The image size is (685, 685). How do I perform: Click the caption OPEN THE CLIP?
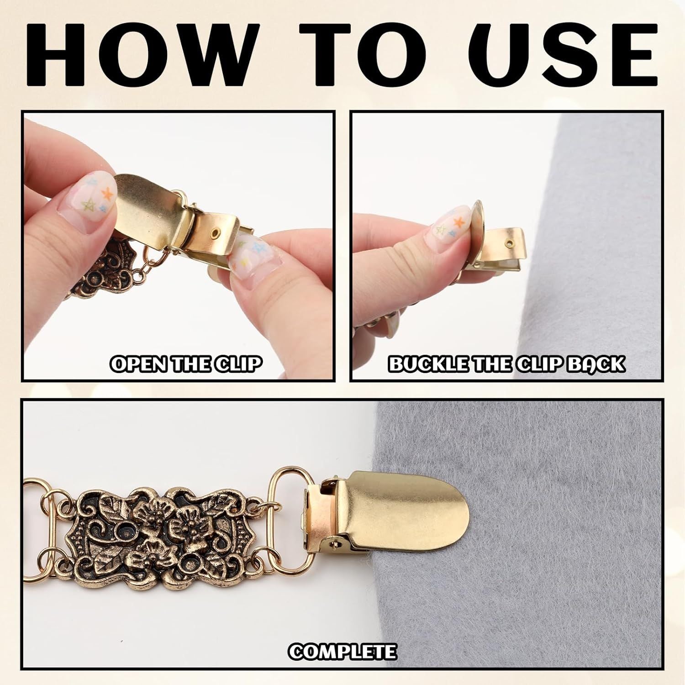[x=186, y=364]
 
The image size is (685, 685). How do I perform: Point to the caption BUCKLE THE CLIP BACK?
[x=506, y=364]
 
